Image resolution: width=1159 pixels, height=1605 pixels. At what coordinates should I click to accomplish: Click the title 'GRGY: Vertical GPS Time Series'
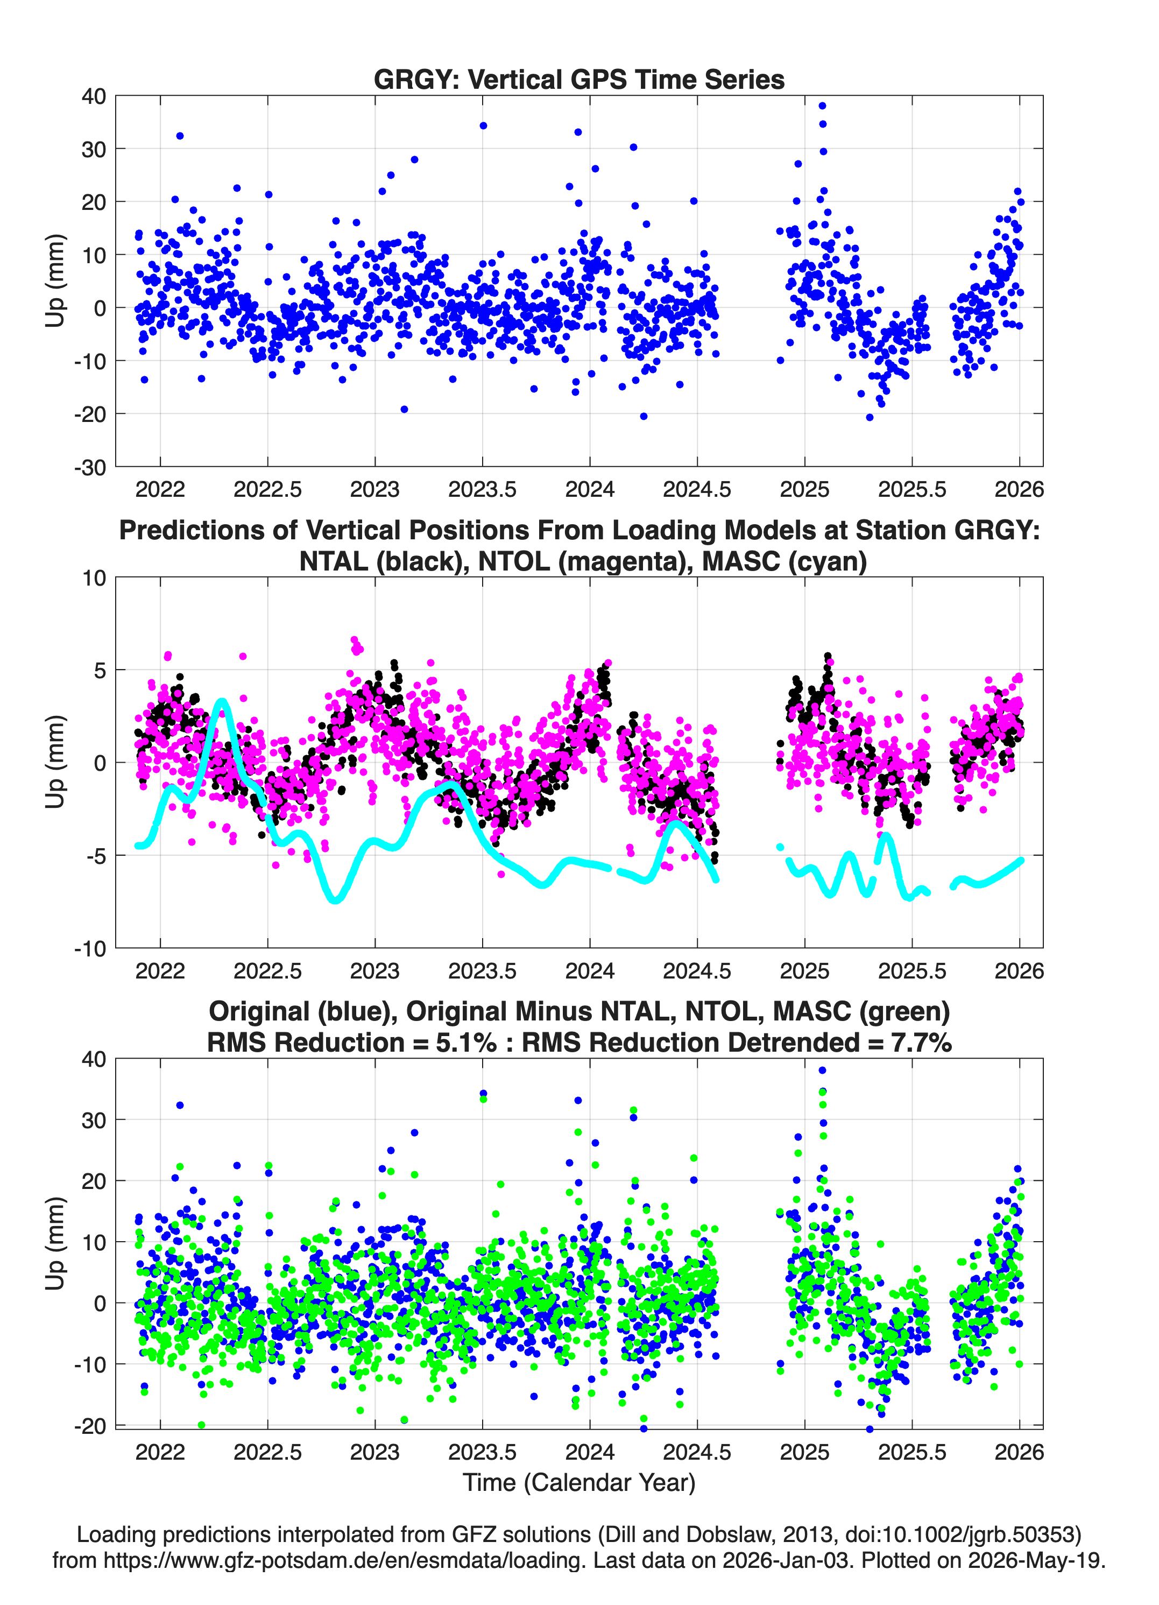pyautogui.click(x=579, y=79)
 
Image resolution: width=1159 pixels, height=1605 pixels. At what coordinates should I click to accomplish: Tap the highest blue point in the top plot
pyautogui.click(x=822, y=105)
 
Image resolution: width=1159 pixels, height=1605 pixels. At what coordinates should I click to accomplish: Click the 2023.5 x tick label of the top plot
pyautogui.click(x=483, y=489)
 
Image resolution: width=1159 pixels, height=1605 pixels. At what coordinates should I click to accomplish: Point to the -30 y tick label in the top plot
pyautogui.click(x=90, y=467)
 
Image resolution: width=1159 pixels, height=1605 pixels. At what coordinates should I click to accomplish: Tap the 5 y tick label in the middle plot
pyautogui.click(x=100, y=670)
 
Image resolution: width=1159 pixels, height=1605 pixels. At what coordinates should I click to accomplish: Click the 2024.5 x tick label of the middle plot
pyautogui.click(x=697, y=971)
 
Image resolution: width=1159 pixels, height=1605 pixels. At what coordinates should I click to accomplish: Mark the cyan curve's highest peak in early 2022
pyautogui.click(x=222, y=702)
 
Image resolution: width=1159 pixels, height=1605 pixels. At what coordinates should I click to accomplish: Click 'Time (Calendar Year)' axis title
pyautogui.click(x=579, y=1481)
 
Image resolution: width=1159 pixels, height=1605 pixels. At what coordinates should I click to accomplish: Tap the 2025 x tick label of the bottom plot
pyautogui.click(x=804, y=1452)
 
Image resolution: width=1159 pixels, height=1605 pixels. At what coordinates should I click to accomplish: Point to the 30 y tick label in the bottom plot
pyautogui.click(x=94, y=1120)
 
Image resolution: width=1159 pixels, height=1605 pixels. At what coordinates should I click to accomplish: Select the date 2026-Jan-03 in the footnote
pyautogui.click(x=786, y=1560)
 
